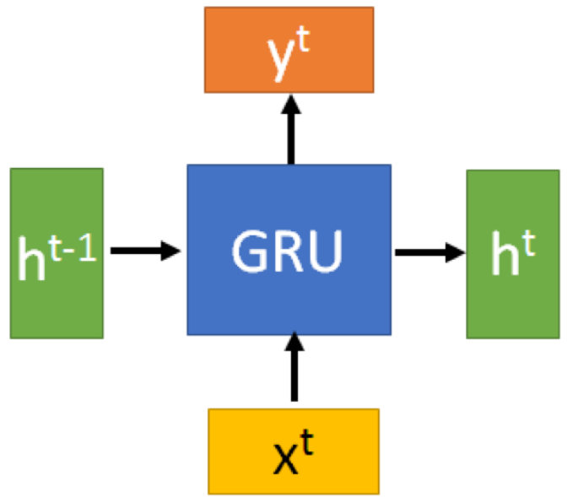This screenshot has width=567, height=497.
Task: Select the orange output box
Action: point(289,49)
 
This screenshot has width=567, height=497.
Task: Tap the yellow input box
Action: point(293,451)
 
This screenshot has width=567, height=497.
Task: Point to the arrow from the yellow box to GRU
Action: point(294,367)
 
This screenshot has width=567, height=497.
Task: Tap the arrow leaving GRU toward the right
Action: point(429,251)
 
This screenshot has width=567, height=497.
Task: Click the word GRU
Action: point(289,251)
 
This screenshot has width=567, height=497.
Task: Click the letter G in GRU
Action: point(249,251)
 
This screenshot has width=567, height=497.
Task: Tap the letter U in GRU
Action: point(327,251)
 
